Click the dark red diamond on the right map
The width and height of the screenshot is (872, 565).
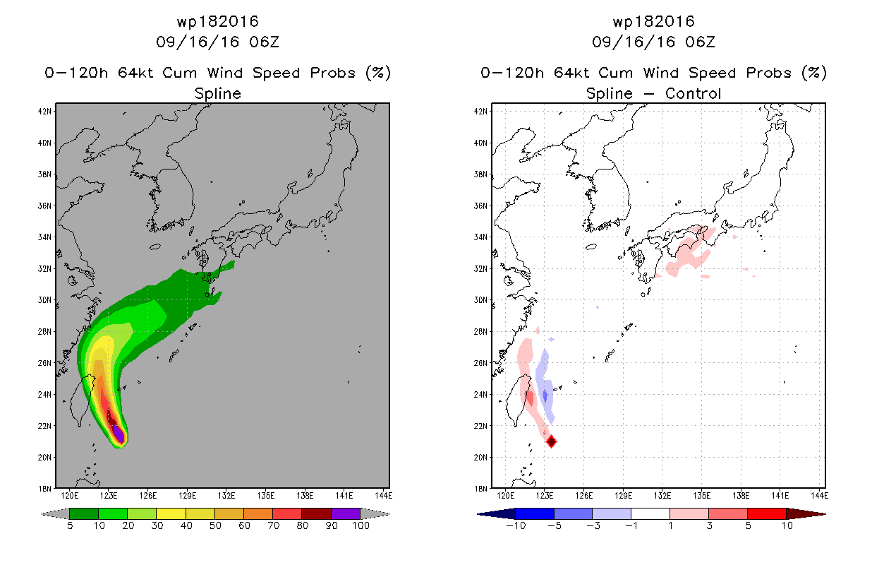tap(551, 441)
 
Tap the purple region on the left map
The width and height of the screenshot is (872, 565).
tap(119, 434)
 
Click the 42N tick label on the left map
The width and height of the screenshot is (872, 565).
tap(44, 112)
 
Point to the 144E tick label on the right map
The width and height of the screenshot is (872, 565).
tap(820, 496)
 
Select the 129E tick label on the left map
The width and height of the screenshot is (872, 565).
tap(187, 496)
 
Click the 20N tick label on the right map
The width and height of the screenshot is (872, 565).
tap(480, 458)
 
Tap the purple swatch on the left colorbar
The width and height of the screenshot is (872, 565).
tap(346, 513)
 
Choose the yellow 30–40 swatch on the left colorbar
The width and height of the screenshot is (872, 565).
tap(171, 513)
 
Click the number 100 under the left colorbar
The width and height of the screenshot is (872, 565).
tap(361, 526)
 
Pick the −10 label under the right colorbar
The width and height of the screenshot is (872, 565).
tap(516, 526)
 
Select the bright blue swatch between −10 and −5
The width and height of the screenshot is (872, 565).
tap(535, 513)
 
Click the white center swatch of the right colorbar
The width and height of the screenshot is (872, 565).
tap(650, 513)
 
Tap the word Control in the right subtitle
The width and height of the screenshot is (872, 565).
tap(693, 94)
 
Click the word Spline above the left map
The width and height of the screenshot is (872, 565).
tap(217, 94)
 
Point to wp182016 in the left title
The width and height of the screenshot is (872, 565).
tap(217, 22)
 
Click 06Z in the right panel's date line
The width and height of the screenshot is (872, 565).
tap(701, 42)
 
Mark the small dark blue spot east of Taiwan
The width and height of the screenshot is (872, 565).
tap(545, 396)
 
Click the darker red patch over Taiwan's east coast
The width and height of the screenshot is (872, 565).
tap(530, 399)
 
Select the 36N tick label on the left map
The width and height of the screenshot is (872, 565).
tap(44, 206)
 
